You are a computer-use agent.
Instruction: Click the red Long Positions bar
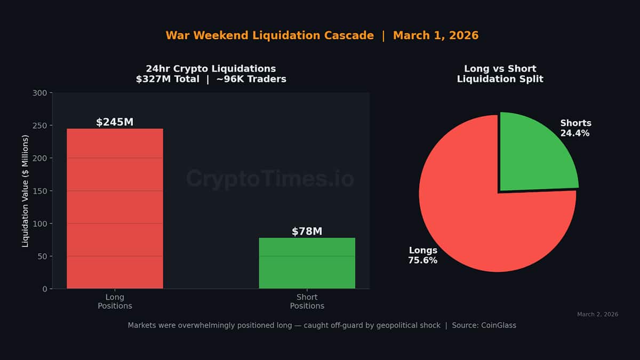click(115, 208)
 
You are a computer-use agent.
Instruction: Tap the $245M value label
click(115, 122)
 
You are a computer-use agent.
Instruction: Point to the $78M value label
click(307, 231)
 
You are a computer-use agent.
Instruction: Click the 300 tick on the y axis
click(41, 93)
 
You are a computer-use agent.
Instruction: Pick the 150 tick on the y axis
click(41, 191)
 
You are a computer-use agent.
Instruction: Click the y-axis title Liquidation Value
click(25, 191)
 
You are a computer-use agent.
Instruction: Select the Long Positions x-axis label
click(115, 301)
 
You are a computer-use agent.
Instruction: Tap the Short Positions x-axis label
click(307, 301)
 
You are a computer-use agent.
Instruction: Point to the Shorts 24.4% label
click(575, 128)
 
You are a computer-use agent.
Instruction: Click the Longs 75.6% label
click(423, 255)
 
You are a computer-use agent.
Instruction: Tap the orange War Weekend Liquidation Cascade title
click(269, 36)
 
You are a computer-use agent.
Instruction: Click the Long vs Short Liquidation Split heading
click(500, 74)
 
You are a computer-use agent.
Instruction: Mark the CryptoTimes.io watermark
click(270, 179)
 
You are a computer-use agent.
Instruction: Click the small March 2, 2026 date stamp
click(597, 314)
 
